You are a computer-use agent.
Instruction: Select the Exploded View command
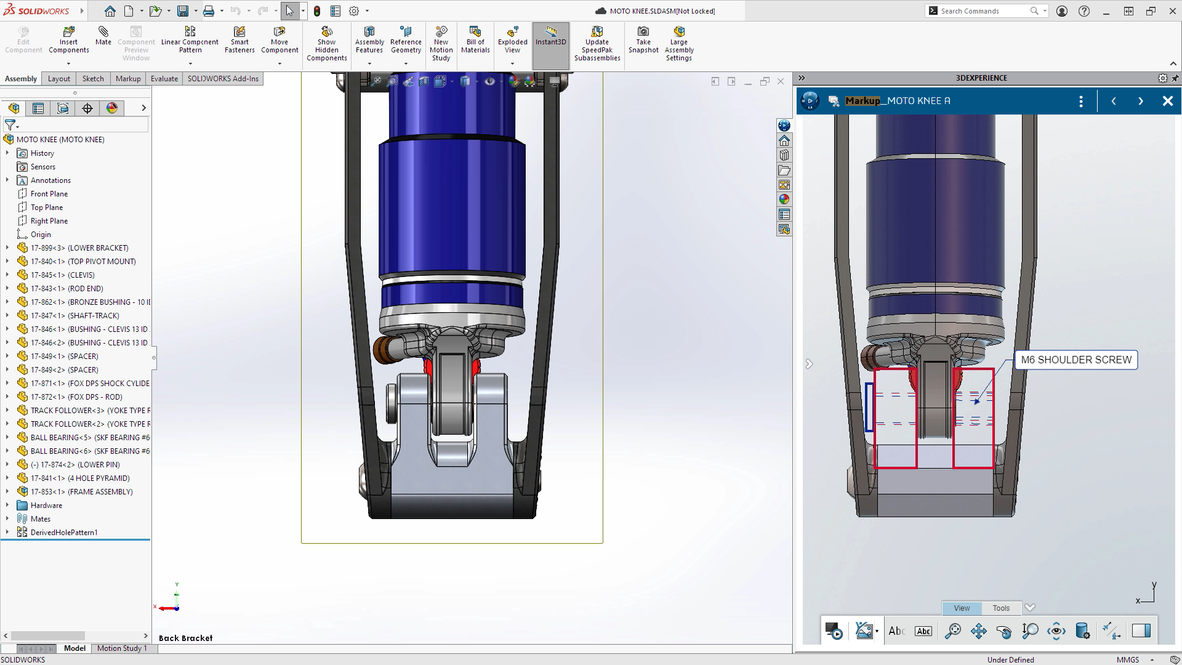(x=512, y=40)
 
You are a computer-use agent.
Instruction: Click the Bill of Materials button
(x=475, y=40)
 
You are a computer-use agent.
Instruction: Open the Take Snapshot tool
(x=643, y=40)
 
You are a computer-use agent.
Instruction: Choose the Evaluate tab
(x=164, y=79)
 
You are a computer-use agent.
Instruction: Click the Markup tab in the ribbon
(x=128, y=79)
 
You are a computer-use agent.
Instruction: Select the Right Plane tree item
(x=49, y=221)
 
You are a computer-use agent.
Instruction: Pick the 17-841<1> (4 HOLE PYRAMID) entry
(x=80, y=478)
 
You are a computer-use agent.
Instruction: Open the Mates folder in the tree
(x=41, y=519)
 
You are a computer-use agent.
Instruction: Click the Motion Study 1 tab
(x=122, y=648)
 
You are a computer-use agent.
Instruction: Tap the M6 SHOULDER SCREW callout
(x=1075, y=360)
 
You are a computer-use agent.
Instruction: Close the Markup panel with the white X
(x=1167, y=101)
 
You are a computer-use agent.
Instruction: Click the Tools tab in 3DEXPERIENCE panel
(x=1001, y=608)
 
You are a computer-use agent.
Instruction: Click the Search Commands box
(x=983, y=11)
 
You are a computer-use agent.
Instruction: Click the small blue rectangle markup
(x=869, y=406)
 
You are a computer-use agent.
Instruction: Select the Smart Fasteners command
(x=239, y=40)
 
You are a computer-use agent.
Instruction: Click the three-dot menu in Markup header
(x=1081, y=101)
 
